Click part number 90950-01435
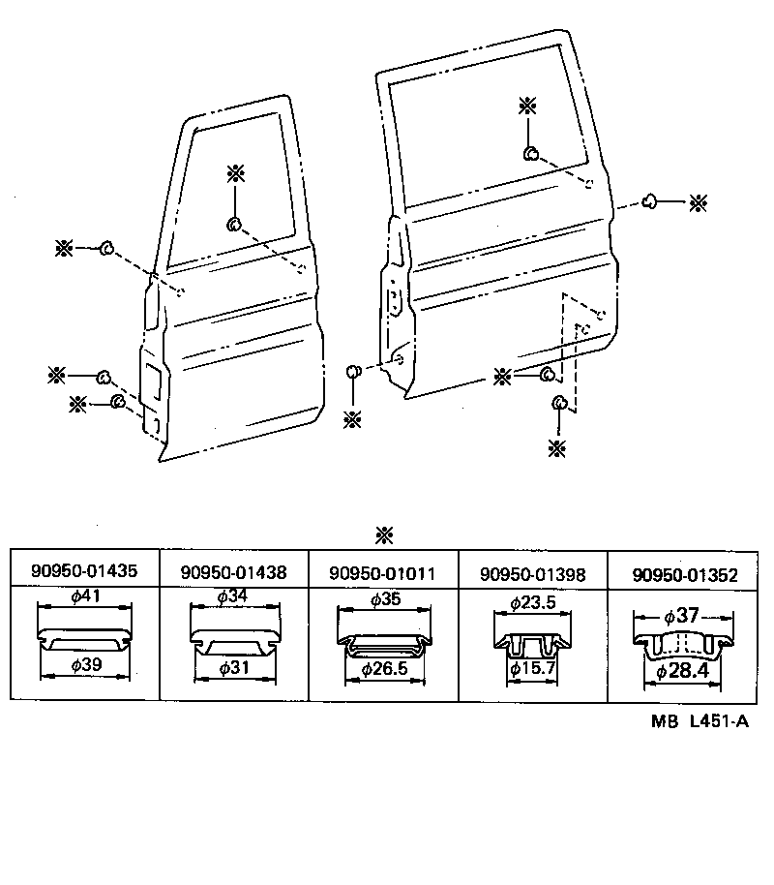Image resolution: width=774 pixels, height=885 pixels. (x=83, y=571)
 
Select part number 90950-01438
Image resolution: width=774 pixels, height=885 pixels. (x=233, y=572)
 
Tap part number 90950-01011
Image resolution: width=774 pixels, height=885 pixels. (x=382, y=573)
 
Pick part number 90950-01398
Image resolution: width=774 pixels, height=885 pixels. (x=532, y=574)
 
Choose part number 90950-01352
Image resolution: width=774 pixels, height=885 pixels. (x=685, y=575)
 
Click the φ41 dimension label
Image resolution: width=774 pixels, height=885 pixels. (x=86, y=597)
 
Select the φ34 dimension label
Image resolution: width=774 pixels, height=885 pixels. (x=232, y=597)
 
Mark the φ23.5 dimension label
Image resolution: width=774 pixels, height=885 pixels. (x=532, y=602)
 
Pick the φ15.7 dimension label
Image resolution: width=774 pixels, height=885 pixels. (x=533, y=669)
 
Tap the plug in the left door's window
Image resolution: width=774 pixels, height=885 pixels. (x=234, y=225)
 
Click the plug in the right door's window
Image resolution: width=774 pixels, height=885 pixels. (x=531, y=153)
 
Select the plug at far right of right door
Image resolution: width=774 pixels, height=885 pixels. (x=650, y=200)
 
